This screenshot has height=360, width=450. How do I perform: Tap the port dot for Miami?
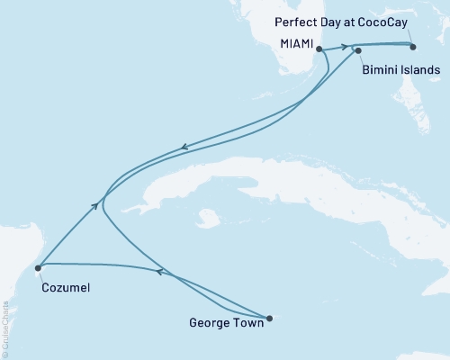tap(319, 50)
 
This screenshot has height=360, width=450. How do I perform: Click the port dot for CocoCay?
tap(414, 47)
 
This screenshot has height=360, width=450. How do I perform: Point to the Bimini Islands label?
tap(400, 69)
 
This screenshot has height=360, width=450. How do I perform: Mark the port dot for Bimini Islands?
tap(358, 51)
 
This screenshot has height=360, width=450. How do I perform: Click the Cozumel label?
tap(65, 288)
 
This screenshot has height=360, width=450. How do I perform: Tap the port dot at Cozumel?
tap(38, 266)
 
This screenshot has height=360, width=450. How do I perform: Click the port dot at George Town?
tap(269, 316)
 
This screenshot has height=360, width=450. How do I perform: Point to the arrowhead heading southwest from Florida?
tap(184, 148)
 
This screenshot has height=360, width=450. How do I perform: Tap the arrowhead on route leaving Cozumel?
tap(94, 206)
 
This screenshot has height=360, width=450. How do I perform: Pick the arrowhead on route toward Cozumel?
tap(160, 271)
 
